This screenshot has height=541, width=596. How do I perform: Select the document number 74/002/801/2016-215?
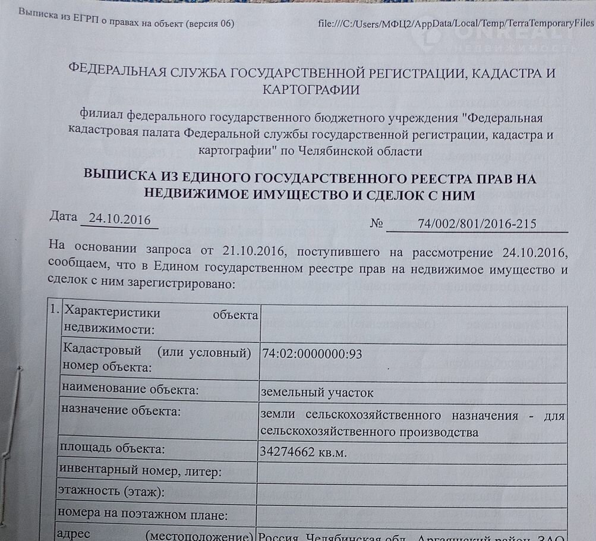477,224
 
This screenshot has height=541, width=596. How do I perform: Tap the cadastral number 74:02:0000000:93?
312,354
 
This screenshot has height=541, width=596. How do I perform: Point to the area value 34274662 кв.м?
303,452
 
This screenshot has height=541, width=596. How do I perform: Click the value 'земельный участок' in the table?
317,392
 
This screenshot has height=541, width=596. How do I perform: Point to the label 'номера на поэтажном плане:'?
143,514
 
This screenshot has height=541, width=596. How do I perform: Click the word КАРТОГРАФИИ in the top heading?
311,90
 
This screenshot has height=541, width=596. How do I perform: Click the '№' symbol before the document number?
377,224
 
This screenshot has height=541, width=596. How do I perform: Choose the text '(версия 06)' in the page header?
210,24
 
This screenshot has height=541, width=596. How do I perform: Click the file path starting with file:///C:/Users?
456,23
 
